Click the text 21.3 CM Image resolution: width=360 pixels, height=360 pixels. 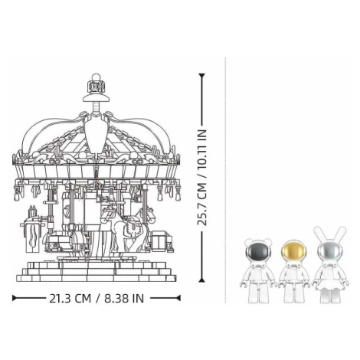(70, 299)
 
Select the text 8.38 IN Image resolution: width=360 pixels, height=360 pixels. (124, 299)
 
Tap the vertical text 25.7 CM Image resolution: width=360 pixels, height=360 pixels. (202, 205)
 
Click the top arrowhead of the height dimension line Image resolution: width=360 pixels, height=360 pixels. (202, 76)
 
